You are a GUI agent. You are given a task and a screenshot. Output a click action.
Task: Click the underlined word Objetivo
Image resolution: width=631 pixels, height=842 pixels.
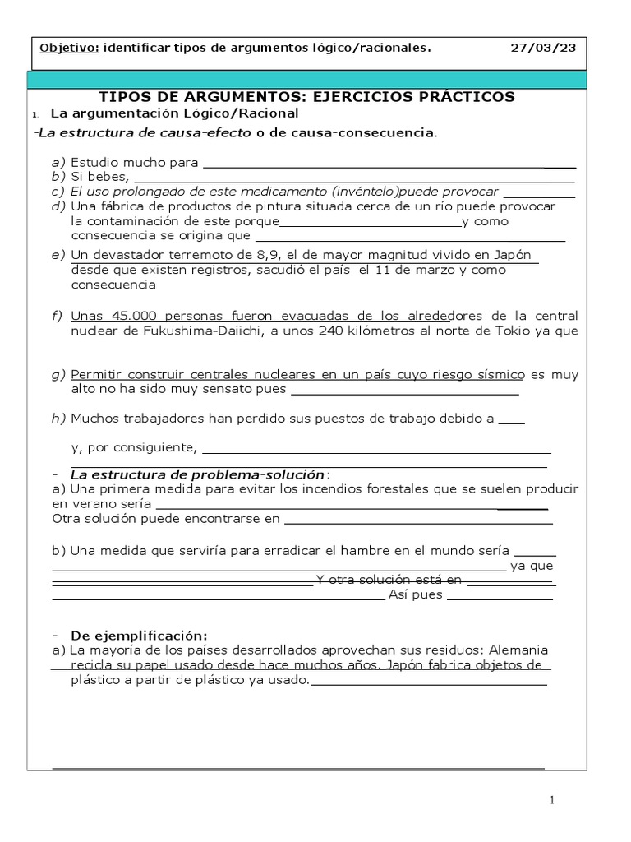(x=69, y=48)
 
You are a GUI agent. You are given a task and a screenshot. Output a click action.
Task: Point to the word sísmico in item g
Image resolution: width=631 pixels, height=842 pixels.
(x=496, y=374)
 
